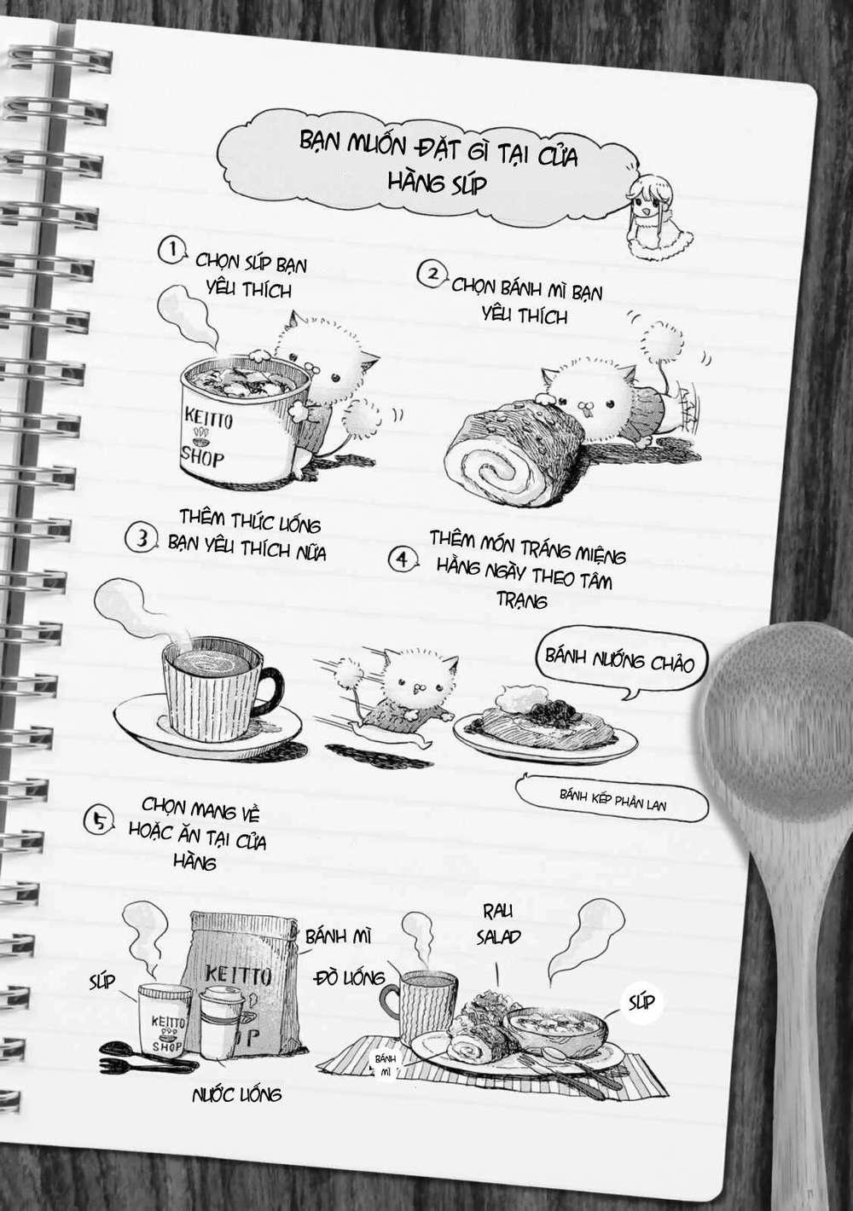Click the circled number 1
point(171,251)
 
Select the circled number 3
point(140,538)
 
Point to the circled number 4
point(402,559)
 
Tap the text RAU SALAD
point(499,924)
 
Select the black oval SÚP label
point(641,1000)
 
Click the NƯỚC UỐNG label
point(236,1093)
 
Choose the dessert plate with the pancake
point(546,725)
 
